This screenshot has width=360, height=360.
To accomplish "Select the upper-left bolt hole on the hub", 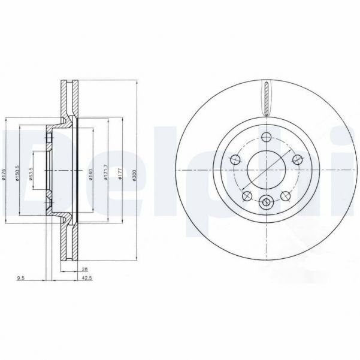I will (x=234, y=159).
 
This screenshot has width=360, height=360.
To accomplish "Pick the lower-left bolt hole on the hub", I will (x=245, y=195).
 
